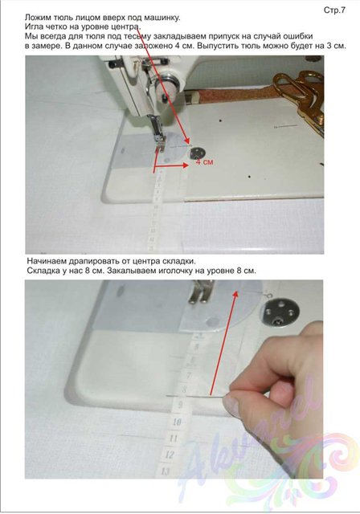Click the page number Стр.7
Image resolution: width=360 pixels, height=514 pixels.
point(334,10)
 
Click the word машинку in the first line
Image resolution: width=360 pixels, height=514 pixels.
point(163,18)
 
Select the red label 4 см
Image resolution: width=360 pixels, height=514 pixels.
point(204,161)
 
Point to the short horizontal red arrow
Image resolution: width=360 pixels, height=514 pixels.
point(171,166)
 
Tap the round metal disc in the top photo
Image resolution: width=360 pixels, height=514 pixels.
point(197,153)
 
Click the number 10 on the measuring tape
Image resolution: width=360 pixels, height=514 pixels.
point(177,421)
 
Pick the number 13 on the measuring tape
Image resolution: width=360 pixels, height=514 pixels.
point(166,471)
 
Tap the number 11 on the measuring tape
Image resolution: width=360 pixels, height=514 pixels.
point(173,438)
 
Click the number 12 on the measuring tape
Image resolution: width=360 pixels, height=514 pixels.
point(170,455)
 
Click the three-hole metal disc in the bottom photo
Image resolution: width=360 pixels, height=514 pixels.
point(282,313)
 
